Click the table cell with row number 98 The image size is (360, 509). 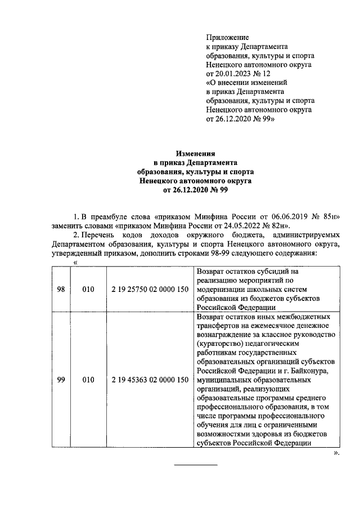61,289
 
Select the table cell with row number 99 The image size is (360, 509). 61,380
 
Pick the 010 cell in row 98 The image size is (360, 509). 88,289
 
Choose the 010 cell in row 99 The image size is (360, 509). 88,380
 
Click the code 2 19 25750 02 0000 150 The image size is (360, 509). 150,289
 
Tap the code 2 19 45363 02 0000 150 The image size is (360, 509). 150,380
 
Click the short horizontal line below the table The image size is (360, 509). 195,465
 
